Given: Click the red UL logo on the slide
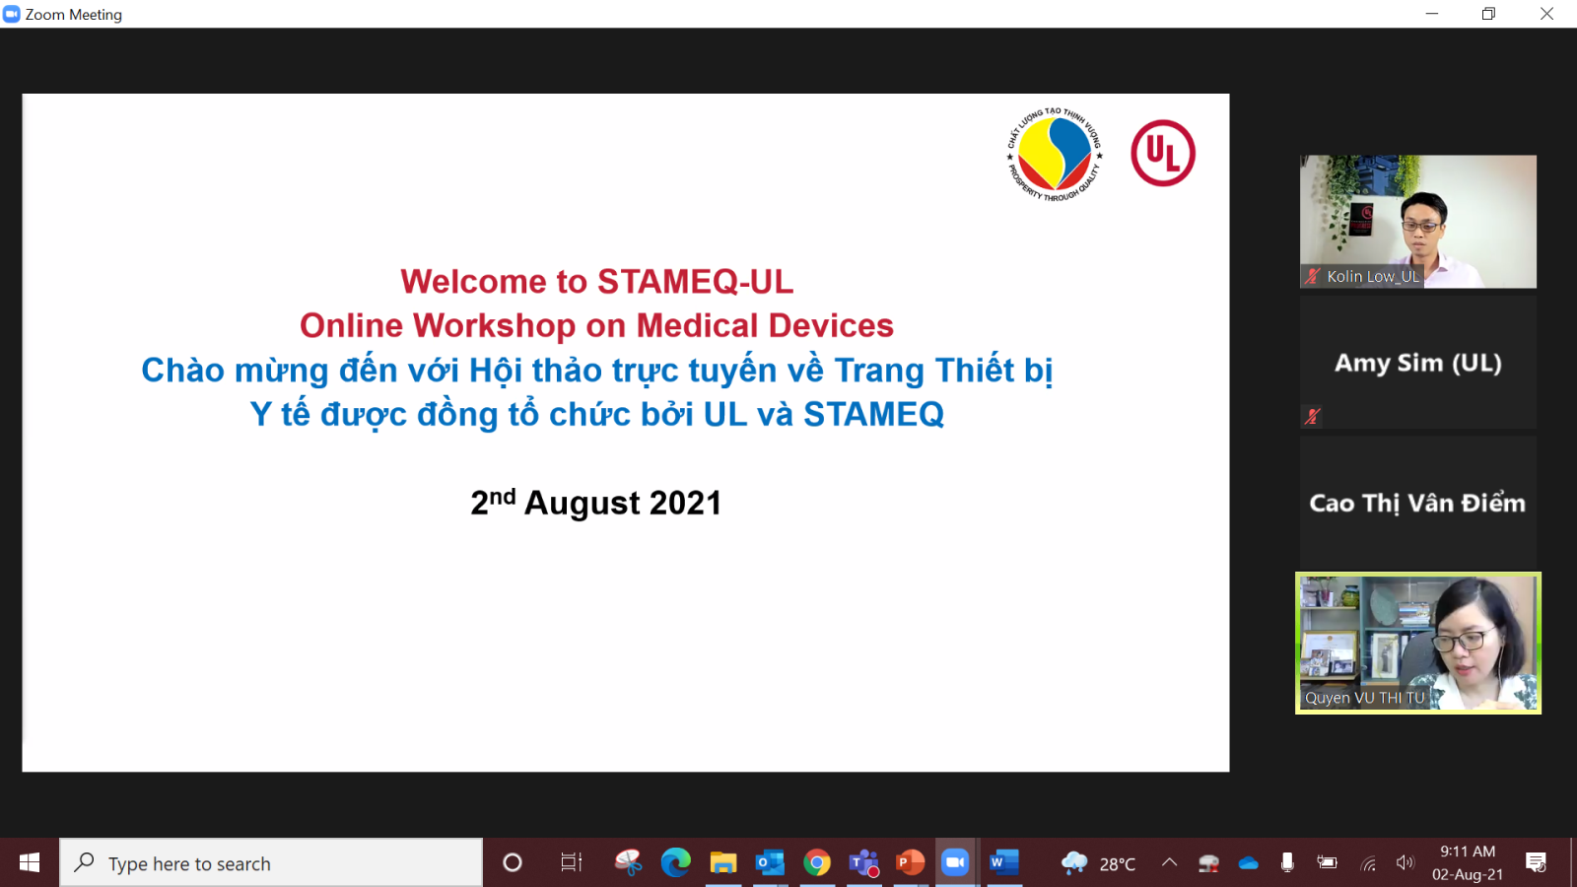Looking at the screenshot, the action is point(1163,153).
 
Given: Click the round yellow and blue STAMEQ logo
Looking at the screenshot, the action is point(1054,154).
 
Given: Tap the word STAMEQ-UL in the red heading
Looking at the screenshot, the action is point(696,282).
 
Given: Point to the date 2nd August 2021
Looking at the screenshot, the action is point(596,503).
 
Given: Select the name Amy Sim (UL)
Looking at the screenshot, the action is point(1418,363).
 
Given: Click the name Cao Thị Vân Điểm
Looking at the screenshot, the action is point(1417,503).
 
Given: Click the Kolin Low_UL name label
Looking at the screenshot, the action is point(1372,277).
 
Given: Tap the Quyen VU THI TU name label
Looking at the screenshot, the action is point(1364,698).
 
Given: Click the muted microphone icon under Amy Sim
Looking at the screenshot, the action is point(1312,417).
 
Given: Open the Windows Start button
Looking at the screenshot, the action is point(30,862).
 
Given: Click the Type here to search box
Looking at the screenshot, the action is point(272,863).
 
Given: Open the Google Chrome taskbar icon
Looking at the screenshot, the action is point(817,862).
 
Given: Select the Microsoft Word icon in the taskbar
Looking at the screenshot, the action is point(1004,862).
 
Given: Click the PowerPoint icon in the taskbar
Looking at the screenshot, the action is point(910,862).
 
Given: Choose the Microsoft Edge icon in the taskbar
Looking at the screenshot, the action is point(676,862).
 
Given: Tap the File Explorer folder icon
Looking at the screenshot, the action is point(723,862).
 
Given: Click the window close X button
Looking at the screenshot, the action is point(1546,14).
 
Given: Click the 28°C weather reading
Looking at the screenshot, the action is point(1118,863).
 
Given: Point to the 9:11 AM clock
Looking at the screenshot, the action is point(1468,852).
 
